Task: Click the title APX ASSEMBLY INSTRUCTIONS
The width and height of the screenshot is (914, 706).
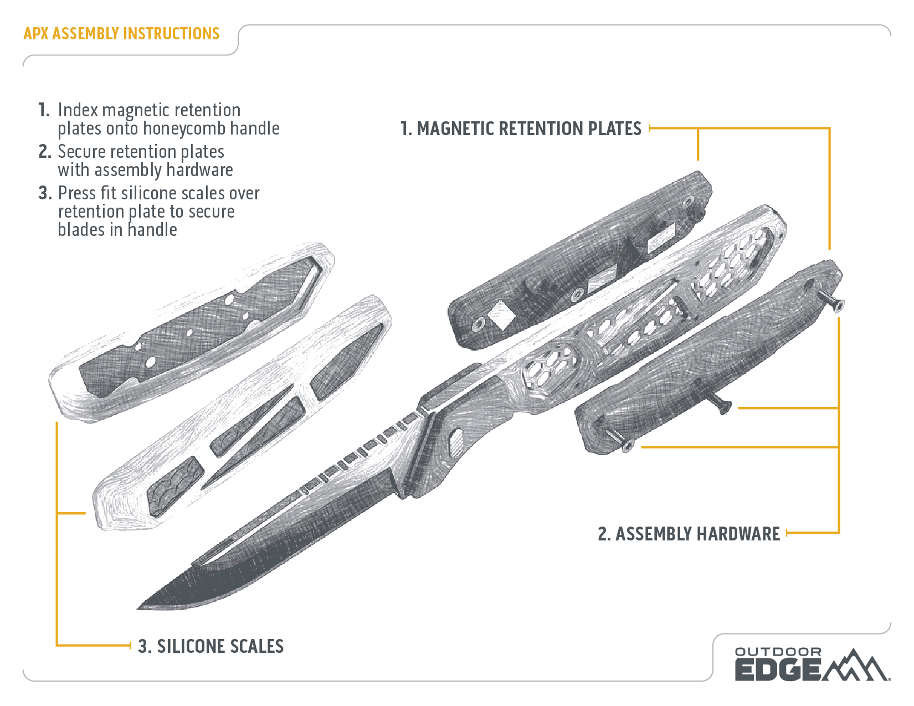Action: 121,34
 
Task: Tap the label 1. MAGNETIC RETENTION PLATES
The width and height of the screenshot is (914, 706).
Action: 520,129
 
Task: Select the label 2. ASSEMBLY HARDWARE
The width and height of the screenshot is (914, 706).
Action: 689,534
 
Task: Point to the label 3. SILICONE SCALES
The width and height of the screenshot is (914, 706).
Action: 210,646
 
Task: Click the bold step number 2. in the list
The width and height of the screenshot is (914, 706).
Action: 45,152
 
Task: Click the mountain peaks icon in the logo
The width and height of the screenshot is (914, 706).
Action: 856,666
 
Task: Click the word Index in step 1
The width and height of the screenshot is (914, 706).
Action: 78,110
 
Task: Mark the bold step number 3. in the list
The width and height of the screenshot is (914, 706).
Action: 45,193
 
